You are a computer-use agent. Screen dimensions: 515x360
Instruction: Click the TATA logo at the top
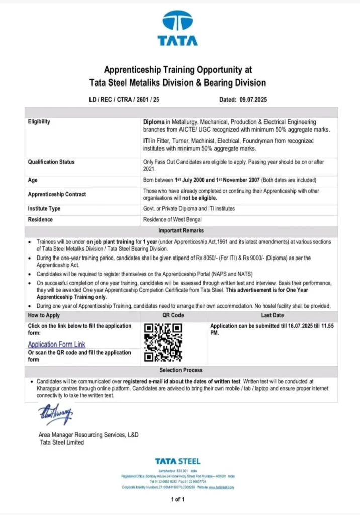click(x=177, y=29)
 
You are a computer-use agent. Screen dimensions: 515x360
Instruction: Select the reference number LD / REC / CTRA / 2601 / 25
click(x=124, y=100)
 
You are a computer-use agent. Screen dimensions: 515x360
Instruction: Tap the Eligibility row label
click(x=39, y=122)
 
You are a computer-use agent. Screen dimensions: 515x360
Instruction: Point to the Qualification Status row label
click(x=51, y=162)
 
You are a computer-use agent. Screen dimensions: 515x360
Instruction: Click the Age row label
click(x=33, y=180)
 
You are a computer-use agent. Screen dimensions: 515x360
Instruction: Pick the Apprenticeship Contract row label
click(x=57, y=194)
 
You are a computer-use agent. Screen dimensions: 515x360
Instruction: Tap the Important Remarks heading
click(x=181, y=230)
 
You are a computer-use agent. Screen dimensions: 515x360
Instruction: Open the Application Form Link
click(x=56, y=345)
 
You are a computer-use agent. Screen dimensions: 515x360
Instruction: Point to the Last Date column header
click(x=272, y=315)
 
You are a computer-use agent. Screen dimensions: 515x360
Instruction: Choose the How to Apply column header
click(x=44, y=315)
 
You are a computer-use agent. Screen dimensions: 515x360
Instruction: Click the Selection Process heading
click(x=181, y=370)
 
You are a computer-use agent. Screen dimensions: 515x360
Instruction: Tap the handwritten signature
click(x=55, y=414)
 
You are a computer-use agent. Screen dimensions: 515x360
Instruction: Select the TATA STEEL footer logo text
click(x=177, y=461)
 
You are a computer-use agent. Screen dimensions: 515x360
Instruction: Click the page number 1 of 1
click(x=178, y=499)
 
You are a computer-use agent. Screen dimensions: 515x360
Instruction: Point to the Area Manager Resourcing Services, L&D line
click(x=88, y=435)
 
